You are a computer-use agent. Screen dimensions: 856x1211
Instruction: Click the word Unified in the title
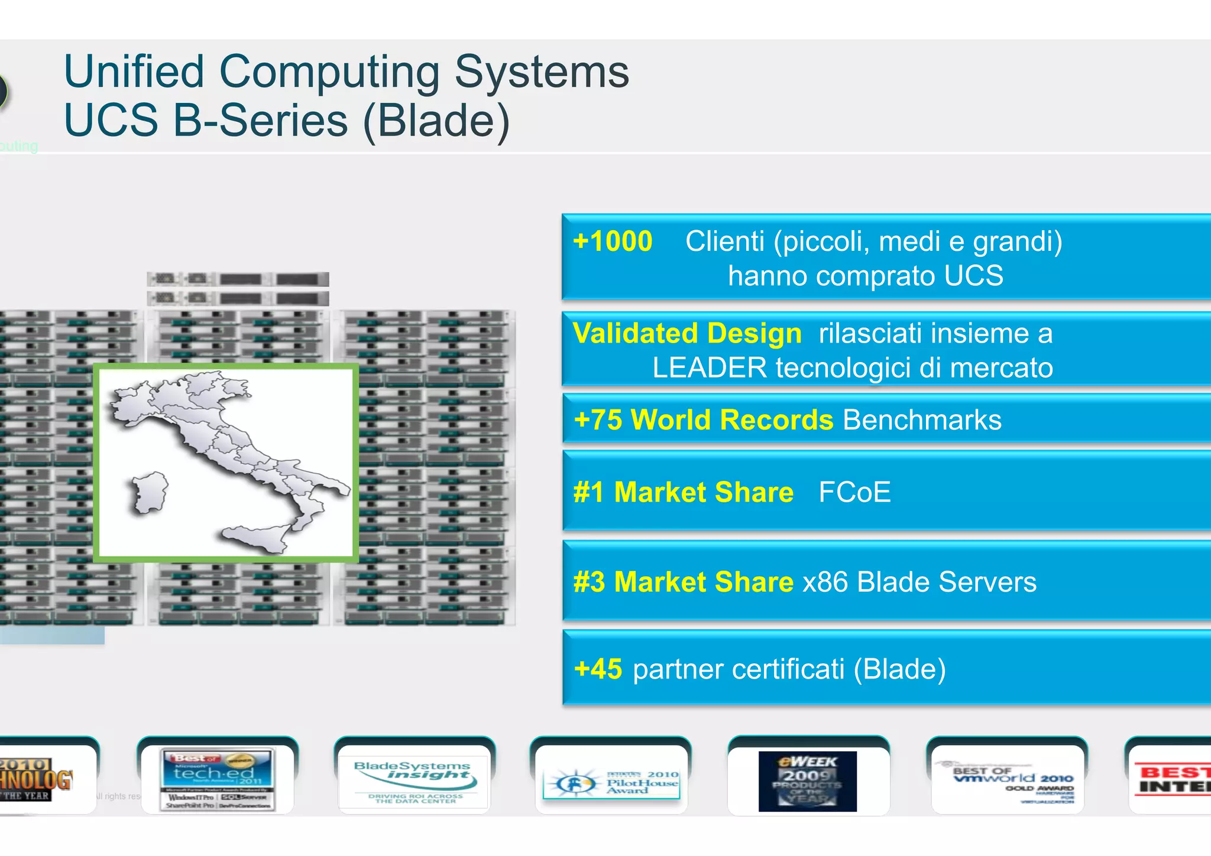(x=134, y=72)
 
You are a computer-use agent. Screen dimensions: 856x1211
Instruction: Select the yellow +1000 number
(x=613, y=241)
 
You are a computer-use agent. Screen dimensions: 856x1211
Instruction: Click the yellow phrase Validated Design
(x=687, y=334)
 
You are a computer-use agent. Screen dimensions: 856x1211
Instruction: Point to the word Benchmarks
(x=921, y=420)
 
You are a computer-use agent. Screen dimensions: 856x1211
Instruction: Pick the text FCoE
(x=854, y=492)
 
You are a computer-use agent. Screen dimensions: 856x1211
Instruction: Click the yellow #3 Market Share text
(x=683, y=582)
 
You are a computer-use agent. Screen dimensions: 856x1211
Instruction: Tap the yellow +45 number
(x=598, y=669)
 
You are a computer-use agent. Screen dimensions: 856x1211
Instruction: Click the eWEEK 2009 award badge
(x=807, y=781)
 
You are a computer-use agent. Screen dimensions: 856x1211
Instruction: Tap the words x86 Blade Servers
(x=919, y=582)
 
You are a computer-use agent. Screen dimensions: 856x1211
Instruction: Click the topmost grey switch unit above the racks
(x=238, y=279)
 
